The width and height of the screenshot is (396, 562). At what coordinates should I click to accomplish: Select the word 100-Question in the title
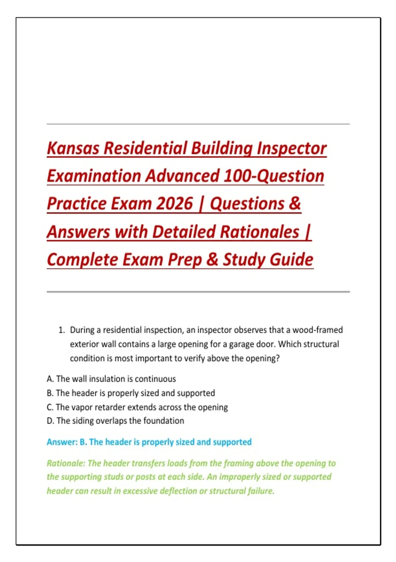pyautogui.click(x=274, y=176)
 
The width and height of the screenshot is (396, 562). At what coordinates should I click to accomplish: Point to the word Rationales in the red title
pyautogui.click(x=259, y=231)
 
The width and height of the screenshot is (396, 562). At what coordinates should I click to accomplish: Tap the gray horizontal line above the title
pyautogui.click(x=198, y=124)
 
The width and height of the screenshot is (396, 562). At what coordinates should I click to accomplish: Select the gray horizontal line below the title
pyautogui.click(x=198, y=292)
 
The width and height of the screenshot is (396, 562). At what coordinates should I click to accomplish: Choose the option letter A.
pyautogui.click(x=50, y=379)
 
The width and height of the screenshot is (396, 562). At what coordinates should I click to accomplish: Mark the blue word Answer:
pyautogui.click(x=62, y=442)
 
